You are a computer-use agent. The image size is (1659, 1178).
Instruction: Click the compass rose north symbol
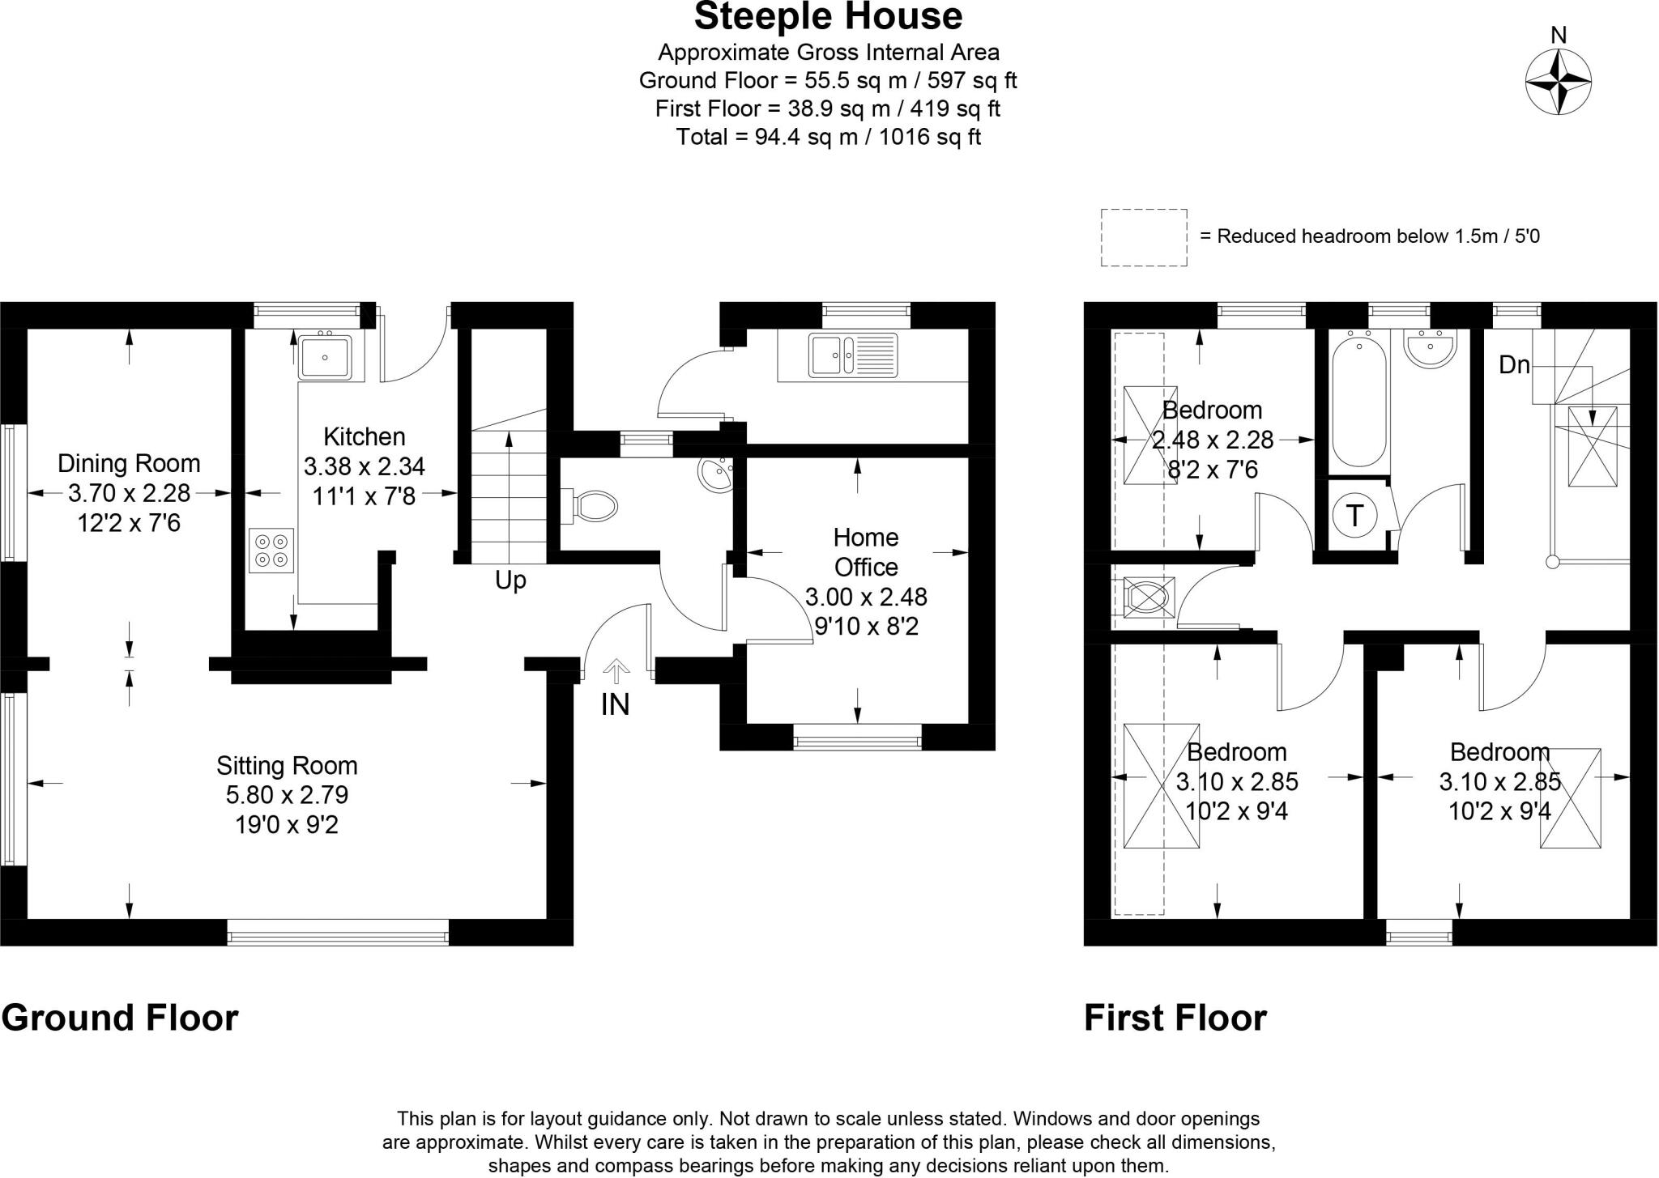point(1558,83)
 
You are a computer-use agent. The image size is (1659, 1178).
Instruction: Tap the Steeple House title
point(828,16)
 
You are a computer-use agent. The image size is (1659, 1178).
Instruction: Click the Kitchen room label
point(364,437)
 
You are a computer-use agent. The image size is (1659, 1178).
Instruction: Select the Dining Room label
point(129,464)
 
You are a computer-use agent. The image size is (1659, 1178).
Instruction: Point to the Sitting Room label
point(287,766)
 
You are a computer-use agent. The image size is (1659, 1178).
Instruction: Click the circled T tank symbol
point(1354,515)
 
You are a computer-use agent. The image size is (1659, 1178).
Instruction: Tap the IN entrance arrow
point(616,672)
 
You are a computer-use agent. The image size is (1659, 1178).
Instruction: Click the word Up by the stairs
point(510,580)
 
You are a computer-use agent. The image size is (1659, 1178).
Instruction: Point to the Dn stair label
point(1513,365)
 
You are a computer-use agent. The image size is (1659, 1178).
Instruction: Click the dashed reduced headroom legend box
point(1144,237)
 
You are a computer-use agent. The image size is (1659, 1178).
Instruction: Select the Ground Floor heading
point(120,1018)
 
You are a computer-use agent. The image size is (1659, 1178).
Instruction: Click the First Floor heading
point(1175,1018)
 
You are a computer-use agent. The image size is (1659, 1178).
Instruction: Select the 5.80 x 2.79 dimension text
point(287,795)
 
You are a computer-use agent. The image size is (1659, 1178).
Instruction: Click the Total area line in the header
point(828,137)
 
